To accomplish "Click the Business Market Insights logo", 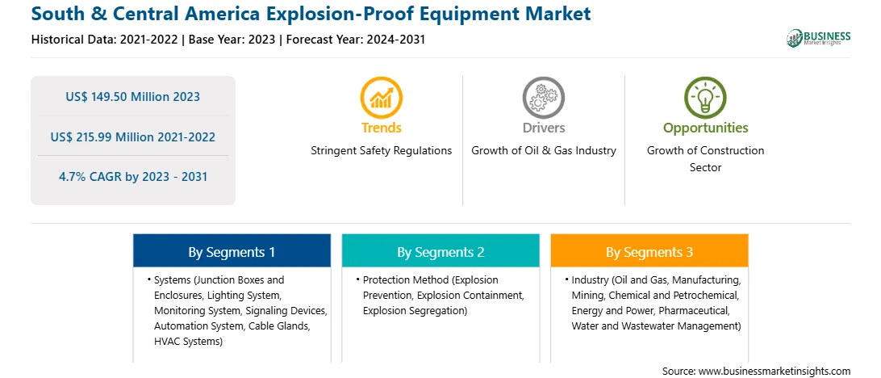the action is coord(818,38).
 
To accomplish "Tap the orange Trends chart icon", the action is coord(382,97).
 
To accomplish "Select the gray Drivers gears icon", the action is coord(543,97).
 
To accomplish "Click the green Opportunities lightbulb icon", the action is coord(705,97).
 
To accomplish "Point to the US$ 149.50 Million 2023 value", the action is coord(132,97).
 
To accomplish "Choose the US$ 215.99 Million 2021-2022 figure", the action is coord(132,136).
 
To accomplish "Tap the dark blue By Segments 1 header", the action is coord(232,251).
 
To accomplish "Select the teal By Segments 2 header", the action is coord(440,251).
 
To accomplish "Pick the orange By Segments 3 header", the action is coord(649,251).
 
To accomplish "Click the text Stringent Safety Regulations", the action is coord(382,151).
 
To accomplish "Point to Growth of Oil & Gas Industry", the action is coord(543,151).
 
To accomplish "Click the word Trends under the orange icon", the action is coord(382,128).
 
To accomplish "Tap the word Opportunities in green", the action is coord(705,128).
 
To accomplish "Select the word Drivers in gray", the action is coord(543,128).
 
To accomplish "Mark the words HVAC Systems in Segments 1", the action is coord(186,341).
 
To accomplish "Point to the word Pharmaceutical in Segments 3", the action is coord(694,310).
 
